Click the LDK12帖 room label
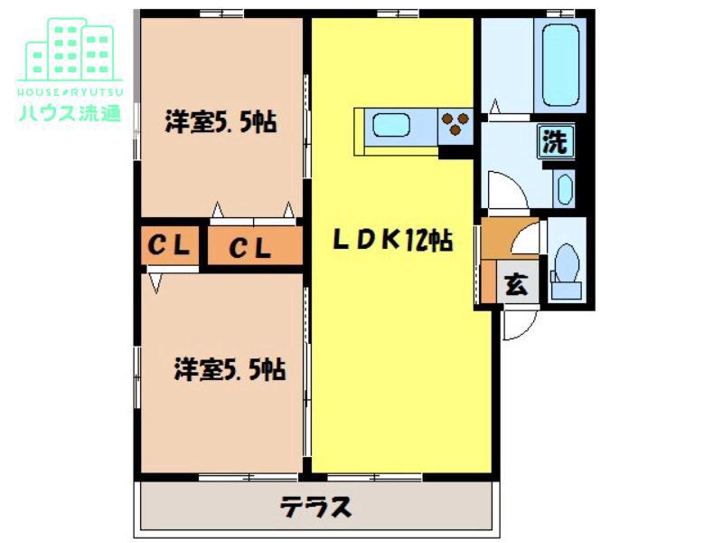393,240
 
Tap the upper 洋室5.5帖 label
221,122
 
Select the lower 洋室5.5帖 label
230,369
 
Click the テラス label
315,507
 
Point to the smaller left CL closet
170,245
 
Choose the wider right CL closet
255,245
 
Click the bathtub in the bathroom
560,65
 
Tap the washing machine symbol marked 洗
556,141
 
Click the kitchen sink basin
391,125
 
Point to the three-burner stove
455,125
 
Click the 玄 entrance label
516,284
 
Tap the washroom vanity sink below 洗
566,189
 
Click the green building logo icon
70,50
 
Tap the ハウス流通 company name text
70,112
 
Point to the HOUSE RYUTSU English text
70,92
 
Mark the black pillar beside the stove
455,152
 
